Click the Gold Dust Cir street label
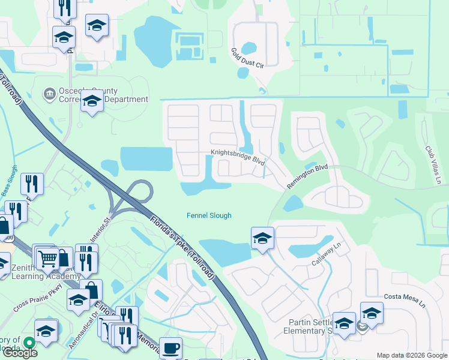click(247, 59)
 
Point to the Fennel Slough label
click(209, 216)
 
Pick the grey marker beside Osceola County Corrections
click(49, 94)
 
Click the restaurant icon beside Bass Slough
click(30, 184)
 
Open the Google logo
click(19, 353)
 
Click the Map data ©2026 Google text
click(412, 355)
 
